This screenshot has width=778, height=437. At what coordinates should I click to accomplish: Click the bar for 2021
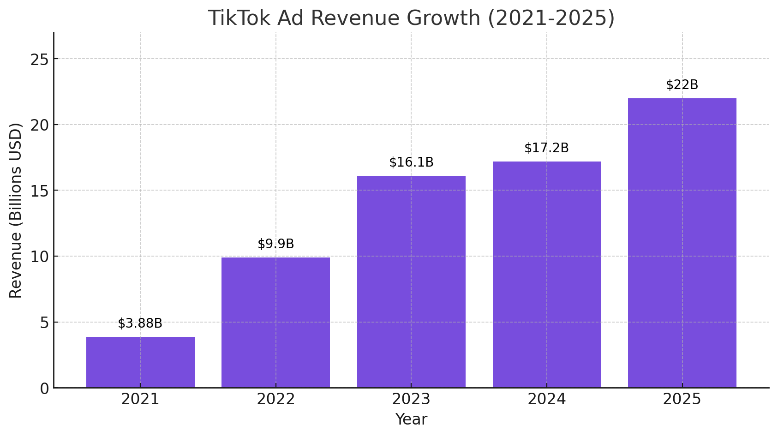[x=140, y=362]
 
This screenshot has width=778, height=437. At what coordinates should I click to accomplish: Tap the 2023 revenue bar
[x=411, y=281]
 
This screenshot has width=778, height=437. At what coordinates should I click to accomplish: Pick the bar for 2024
[x=546, y=275]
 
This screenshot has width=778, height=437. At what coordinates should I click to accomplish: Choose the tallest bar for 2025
[x=682, y=243]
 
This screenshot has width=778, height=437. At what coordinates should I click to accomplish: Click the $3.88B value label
[x=140, y=323]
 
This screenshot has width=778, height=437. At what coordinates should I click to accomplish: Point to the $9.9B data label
[x=275, y=244]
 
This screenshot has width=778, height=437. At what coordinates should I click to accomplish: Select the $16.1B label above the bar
[x=411, y=162]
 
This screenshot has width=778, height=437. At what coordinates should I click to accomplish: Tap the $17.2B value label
[x=546, y=148]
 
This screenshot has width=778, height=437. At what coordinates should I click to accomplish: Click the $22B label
[x=682, y=85]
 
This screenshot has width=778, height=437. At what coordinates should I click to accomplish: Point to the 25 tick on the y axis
[x=39, y=59]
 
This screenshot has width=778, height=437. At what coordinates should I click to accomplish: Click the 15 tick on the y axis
[x=39, y=191]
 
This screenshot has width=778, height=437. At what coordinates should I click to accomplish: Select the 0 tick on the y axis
[x=44, y=389]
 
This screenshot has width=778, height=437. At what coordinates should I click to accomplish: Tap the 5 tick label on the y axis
[x=44, y=323]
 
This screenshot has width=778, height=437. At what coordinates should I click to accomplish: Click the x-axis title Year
[x=411, y=419]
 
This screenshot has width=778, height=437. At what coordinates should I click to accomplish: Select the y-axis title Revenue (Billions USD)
[x=16, y=210]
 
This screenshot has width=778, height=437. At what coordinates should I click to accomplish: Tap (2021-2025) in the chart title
[x=551, y=18]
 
